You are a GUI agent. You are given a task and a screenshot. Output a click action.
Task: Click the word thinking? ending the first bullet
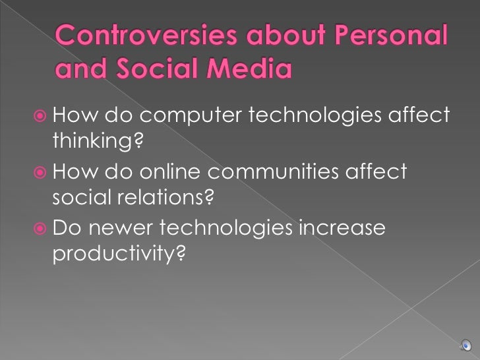click(96, 142)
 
